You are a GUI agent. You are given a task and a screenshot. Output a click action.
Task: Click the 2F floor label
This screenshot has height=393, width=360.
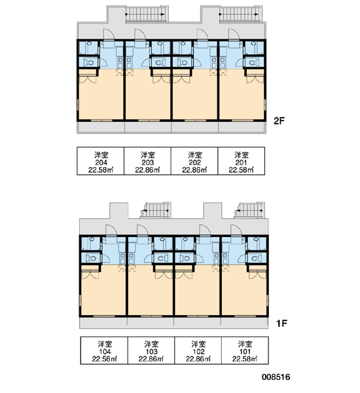click(279, 121)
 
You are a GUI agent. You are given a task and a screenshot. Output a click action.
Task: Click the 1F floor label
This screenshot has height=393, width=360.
click(281, 324)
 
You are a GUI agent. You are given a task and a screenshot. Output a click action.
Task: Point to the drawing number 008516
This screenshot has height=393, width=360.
click(276, 377)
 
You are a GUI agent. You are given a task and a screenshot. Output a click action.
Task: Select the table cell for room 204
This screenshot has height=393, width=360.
click(100, 161)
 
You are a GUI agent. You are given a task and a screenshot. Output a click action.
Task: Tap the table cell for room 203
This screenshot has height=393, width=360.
click(147, 161)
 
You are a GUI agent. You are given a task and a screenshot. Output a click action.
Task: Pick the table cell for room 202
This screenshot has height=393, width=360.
click(194, 161)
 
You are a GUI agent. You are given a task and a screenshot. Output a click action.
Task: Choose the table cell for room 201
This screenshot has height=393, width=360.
click(242, 161)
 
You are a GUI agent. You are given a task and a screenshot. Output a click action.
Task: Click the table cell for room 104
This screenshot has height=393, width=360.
click(104, 350)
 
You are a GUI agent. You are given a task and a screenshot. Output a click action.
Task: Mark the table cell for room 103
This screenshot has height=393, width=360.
click(151, 350)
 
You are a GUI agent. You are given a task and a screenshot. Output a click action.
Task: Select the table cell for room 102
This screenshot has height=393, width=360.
click(198, 350)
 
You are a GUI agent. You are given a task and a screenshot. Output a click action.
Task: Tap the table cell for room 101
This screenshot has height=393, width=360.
click(245, 350)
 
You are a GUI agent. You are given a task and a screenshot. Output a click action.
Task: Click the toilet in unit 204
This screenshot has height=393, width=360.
click(88, 62)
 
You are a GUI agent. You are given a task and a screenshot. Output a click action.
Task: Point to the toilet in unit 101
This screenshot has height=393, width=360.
click(257, 257)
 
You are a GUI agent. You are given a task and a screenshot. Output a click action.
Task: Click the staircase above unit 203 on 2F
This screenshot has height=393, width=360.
click(145, 14)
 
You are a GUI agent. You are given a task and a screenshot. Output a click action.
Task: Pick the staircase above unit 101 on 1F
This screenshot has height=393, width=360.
click(250, 210)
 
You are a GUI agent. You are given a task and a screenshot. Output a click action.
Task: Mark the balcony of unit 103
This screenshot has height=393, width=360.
click(151, 323)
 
